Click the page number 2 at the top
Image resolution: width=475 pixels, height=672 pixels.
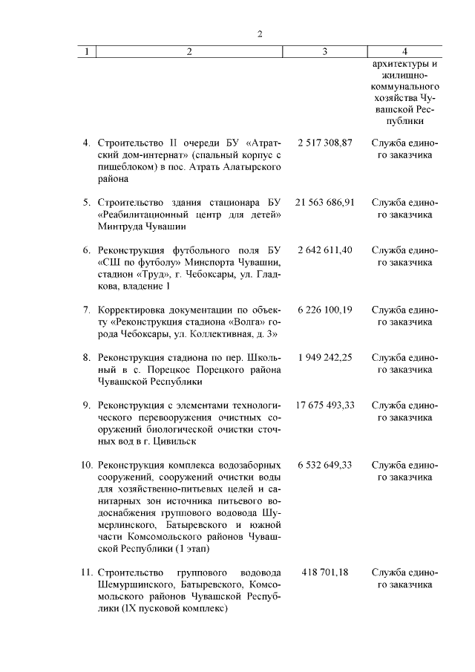pyautogui.click(x=259, y=33)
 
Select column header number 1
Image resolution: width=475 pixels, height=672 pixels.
pyautogui.click(x=87, y=52)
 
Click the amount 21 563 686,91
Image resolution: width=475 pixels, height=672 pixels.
pyautogui.click(x=325, y=202)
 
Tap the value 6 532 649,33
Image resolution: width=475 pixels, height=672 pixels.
pyautogui.click(x=325, y=465)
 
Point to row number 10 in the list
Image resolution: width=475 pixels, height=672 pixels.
pyautogui.click(x=85, y=465)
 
